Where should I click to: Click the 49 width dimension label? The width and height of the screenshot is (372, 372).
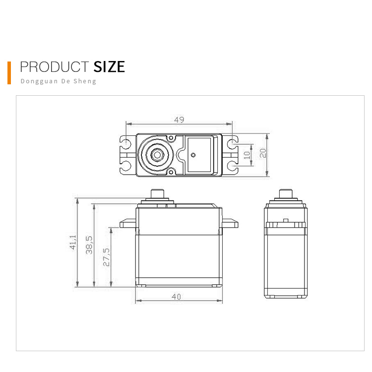[x=179, y=120]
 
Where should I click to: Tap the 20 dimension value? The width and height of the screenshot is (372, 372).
[x=263, y=153]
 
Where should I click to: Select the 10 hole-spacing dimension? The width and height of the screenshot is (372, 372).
[x=247, y=154]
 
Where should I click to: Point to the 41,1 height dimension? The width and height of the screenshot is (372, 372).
[x=73, y=242]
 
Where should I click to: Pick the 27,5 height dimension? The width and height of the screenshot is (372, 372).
[x=106, y=256]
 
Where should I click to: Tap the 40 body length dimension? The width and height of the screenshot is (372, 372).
[x=176, y=297]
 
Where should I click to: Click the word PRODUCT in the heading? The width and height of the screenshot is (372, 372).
[x=54, y=67]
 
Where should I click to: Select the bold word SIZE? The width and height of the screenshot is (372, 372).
[x=109, y=67]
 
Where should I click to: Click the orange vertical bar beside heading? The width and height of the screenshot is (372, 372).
[x=9, y=72]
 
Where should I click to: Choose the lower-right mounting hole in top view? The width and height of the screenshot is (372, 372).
[x=232, y=165]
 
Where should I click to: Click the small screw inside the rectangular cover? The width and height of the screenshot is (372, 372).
[x=193, y=154]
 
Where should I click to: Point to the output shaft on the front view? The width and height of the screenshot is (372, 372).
[x=157, y=193]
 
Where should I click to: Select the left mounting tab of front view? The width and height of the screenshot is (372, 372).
[x=127, y=224]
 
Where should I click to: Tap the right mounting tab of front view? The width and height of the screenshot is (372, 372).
[x=230, y=224]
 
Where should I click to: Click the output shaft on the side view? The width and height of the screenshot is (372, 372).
[x=286, y=193]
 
